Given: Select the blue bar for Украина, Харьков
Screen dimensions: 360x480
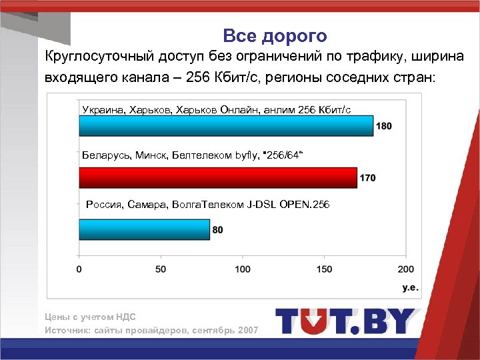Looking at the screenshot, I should [x=226, y=125].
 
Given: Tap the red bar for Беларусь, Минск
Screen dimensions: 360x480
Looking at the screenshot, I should [x=218, y=177].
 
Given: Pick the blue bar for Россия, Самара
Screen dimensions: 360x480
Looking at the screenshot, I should [x=145, y=229].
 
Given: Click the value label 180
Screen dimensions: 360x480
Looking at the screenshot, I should [x=384, y=126].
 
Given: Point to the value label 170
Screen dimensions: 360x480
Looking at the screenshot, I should [x=368, y=178].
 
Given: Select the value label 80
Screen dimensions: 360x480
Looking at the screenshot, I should [x=218, y=230].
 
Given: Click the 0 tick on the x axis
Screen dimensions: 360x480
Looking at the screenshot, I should [x=79, y=269].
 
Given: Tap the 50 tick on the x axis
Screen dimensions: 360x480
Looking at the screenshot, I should [x=161, y=269].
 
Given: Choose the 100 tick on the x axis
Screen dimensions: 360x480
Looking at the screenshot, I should [x=242, y=269].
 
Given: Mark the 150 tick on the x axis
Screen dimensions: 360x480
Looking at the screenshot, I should [x=324, y=269].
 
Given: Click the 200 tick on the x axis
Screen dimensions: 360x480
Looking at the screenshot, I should [x=405, y=269].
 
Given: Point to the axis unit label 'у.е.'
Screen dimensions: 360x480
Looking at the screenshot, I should [x=409, y=287].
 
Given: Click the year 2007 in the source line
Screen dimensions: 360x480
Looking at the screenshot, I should [x=248, y=331].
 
